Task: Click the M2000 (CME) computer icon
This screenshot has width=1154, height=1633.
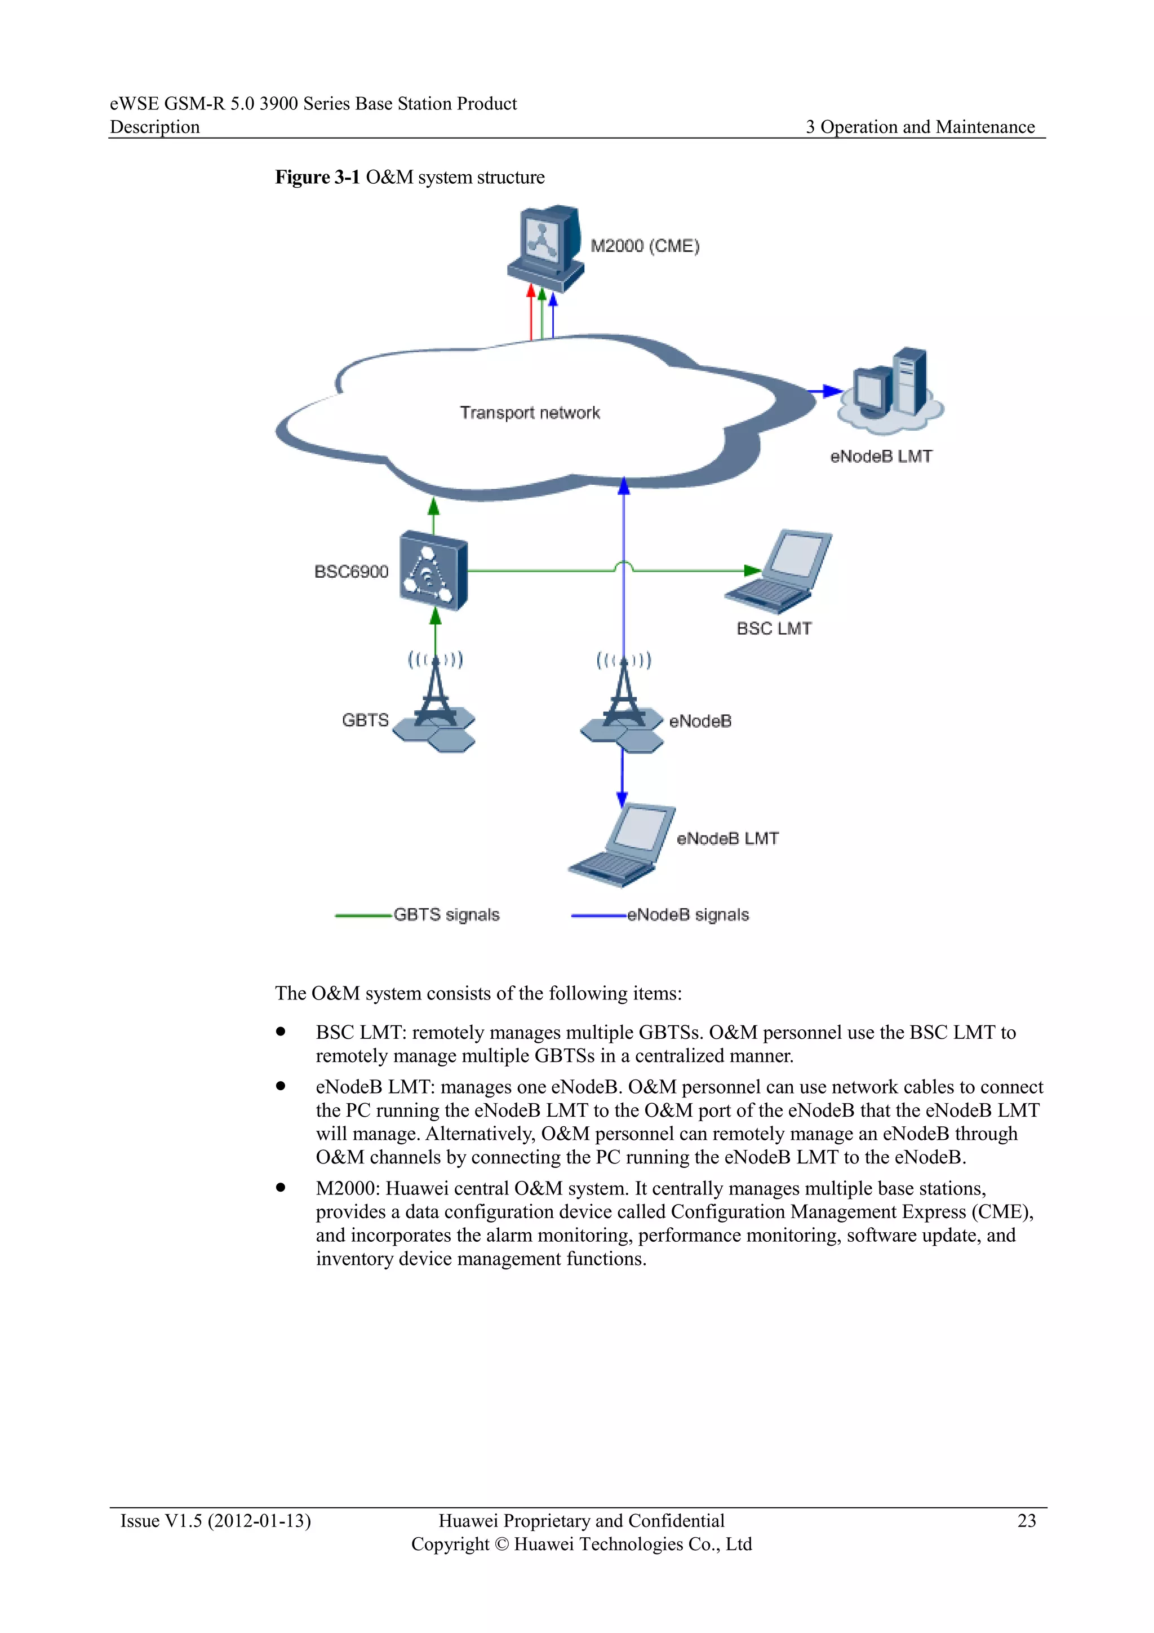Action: click(x=545, y=247)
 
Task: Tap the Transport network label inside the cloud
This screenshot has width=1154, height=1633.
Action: click(x=530, y=413)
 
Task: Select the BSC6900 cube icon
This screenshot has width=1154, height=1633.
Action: click(x=433, y=570)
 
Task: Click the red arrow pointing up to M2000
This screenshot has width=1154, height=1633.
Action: click(x=530, y=313)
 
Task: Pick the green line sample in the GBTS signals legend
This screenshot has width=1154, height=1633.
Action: click(x=363, y=915)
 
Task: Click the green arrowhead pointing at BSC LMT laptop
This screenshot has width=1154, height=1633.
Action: click(x=753, y=570)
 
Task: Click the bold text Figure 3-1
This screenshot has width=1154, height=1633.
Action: click(x=317, y=177)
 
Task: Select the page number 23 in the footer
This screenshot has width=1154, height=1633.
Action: click(x=1026, y=1521)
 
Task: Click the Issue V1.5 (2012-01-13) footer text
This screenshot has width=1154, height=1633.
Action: click(x=215, y=1521)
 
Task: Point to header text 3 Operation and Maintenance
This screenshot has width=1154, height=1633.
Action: click(x=920, y=127)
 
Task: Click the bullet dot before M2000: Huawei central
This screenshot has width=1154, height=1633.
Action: click(x=281, y=1187)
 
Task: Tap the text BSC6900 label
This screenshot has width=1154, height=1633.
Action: click(x=351, y=572)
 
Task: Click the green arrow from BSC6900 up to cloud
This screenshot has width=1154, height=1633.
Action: click(x=434, y=516)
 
